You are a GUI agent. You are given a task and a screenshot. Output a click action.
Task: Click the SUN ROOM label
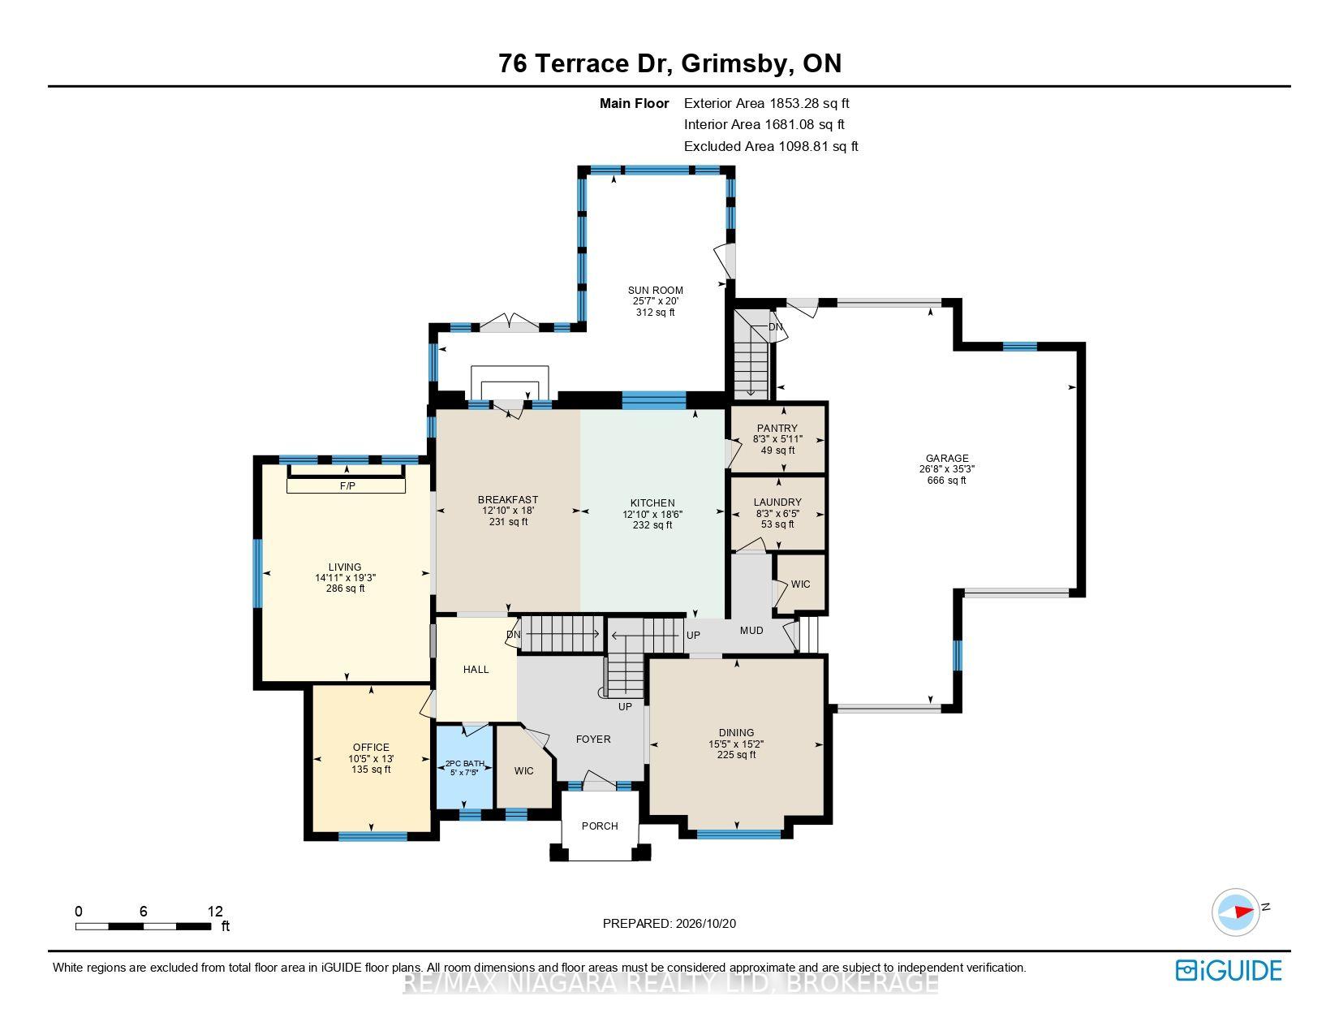click(655, 291)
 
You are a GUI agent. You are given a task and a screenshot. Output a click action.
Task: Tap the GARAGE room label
click(946, 458)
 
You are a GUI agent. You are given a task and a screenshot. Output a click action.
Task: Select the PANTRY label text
click(777, 428)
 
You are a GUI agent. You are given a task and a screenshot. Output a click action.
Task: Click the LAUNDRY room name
click(777, 502)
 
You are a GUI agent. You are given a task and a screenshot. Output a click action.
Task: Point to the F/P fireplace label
click(347, 485)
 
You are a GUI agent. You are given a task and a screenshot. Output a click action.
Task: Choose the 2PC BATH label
click(465, 764)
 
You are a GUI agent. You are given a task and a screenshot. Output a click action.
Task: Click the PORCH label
click(600, 826)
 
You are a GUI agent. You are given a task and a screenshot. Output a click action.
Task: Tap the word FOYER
click(593, 739)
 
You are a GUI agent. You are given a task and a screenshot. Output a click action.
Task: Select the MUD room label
click(751, 631)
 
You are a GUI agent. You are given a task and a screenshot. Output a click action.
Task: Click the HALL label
click(476, 670)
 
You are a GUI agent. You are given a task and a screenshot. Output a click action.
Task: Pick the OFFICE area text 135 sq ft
click(371, 770)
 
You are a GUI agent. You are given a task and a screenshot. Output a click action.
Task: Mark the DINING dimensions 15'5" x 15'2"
click(736, 744)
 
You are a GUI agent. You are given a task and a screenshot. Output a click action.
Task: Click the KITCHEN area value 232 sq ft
click(652, 525)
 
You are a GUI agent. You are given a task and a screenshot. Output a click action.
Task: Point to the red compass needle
click(1244, 912)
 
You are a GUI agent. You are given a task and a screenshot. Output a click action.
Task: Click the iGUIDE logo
click(1229, 970)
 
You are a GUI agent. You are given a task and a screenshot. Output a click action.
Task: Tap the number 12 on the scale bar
click(215, 911)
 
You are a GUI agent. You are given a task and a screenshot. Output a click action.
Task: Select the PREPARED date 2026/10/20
click(705, 924)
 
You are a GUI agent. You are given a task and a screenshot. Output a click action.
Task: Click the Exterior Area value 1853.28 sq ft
click(809, 104)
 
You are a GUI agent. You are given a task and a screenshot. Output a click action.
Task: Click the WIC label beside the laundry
click(800, 584)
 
